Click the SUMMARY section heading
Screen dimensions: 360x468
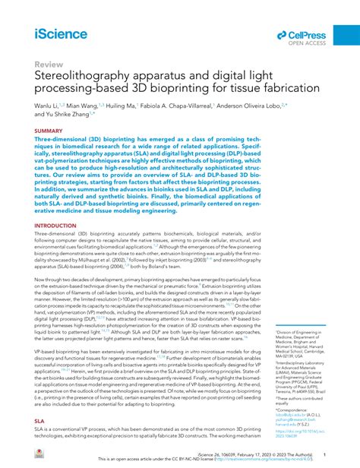[48, 131]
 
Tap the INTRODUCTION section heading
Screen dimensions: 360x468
[55, 226]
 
